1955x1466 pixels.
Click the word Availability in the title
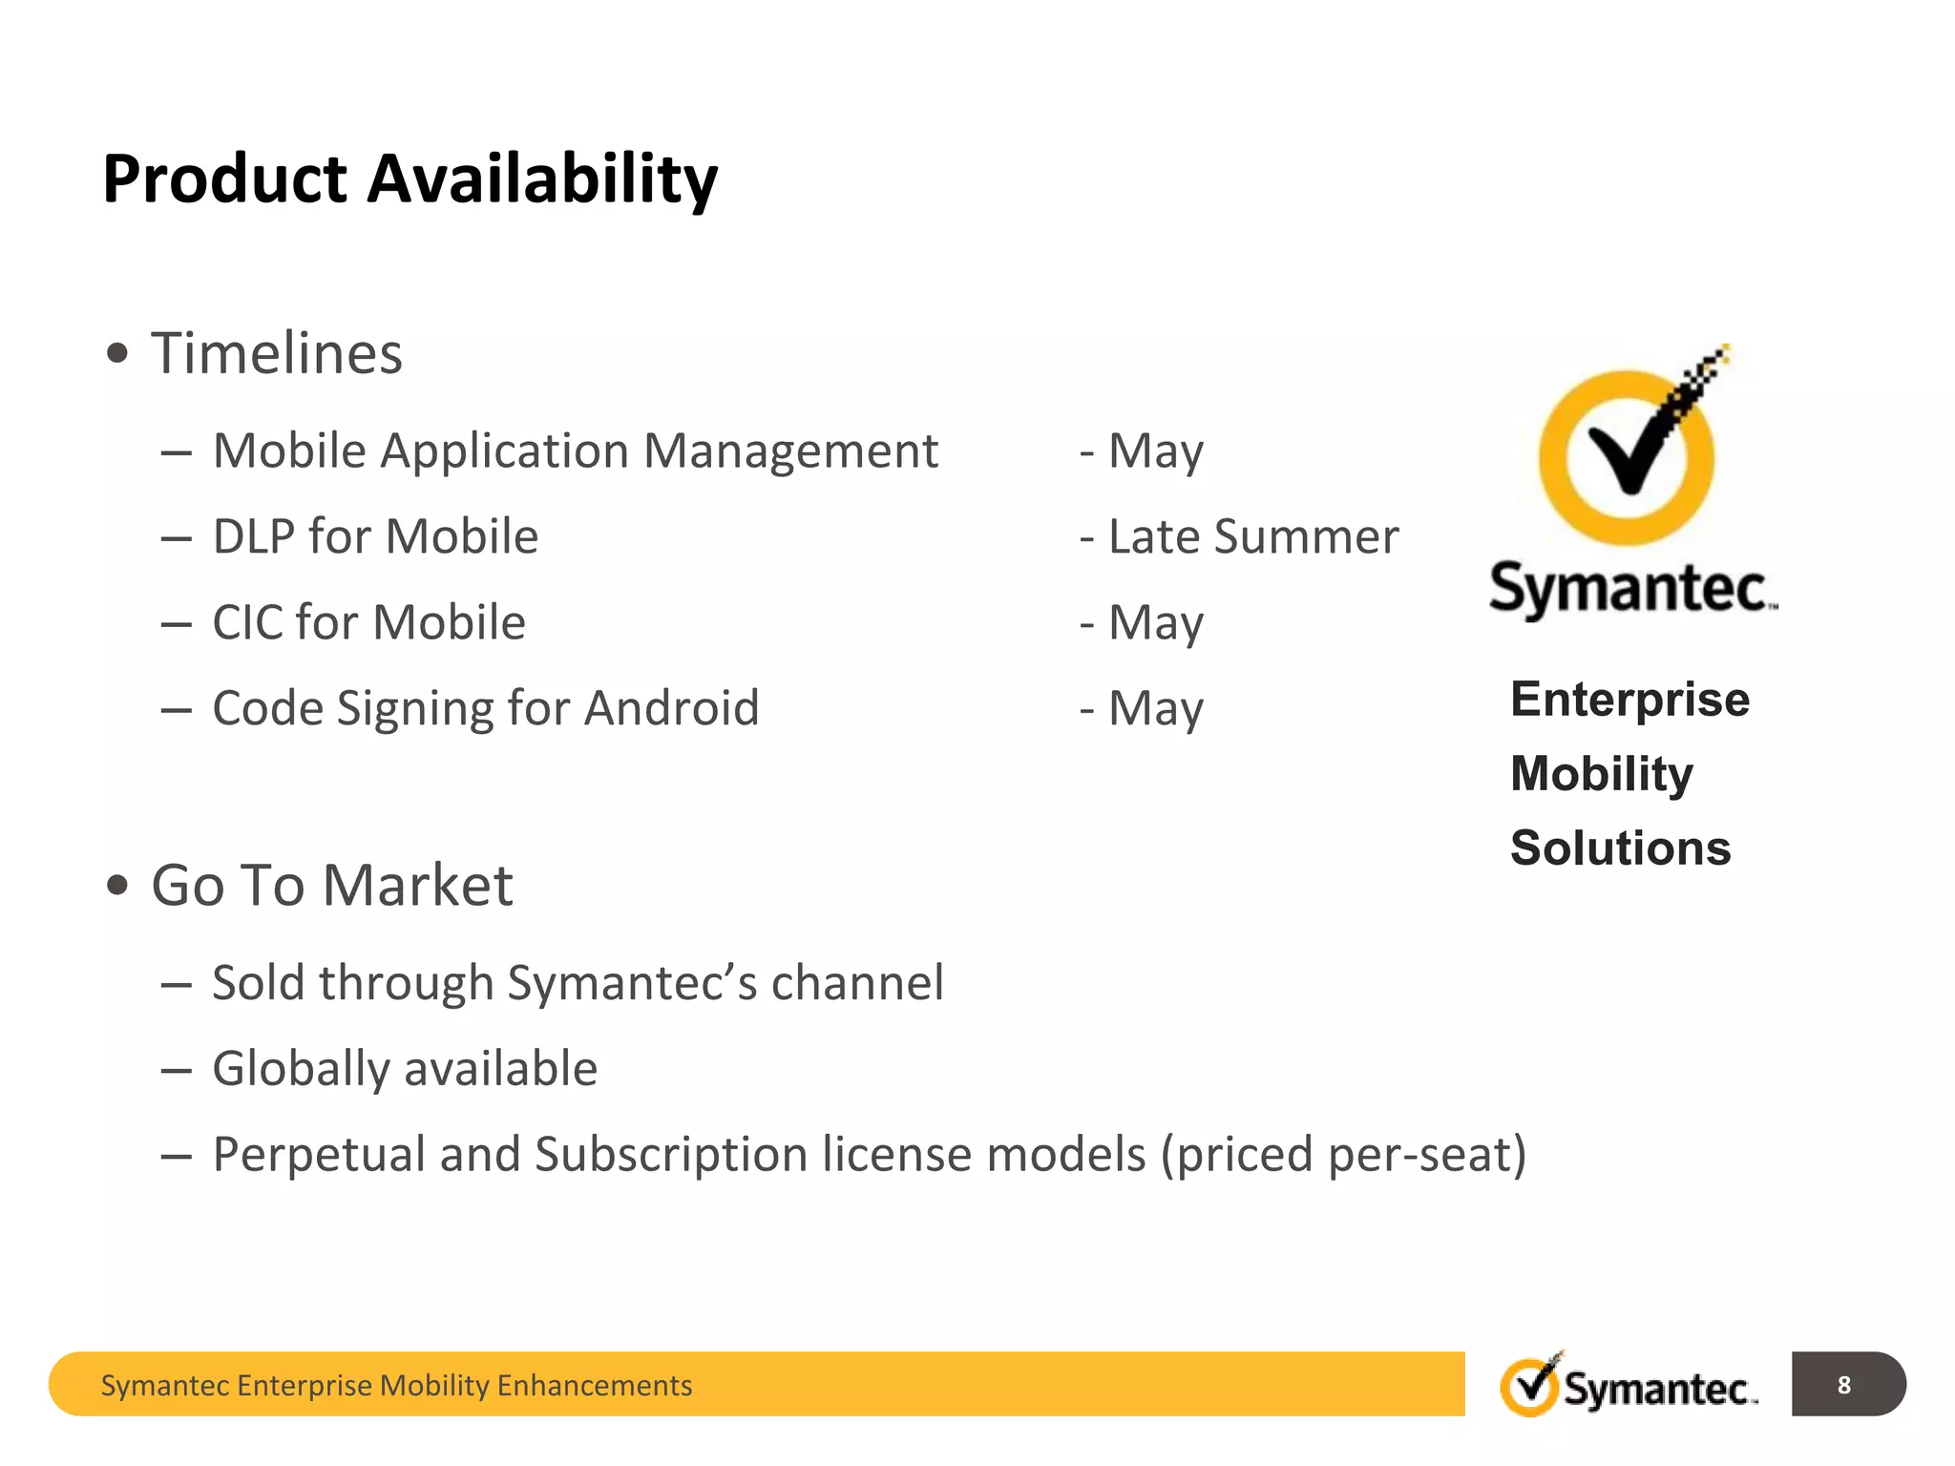tap(542, 179)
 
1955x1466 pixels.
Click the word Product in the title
tap(225, 179)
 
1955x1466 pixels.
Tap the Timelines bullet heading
tap(277, 353)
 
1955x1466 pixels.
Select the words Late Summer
tap(1252, 536)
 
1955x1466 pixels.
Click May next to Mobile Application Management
tap(1155, 451)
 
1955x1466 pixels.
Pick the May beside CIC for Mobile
tap(1155, 623)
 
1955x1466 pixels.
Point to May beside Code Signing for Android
tap(1155, 709)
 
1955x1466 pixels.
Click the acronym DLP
tap(254, 536)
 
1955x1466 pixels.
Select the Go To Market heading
tap(332, 885)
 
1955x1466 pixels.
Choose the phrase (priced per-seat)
tap(1343, 1155)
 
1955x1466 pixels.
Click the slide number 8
tap(1843, 1385)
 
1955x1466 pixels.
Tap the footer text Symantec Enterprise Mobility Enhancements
tap(396, 1385)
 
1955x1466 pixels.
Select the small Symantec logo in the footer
tap(1629, 1386)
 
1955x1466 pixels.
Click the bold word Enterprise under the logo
tap(1629, 700)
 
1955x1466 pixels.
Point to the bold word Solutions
tap(1620, 848)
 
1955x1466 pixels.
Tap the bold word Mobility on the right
tap(1601, 774)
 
